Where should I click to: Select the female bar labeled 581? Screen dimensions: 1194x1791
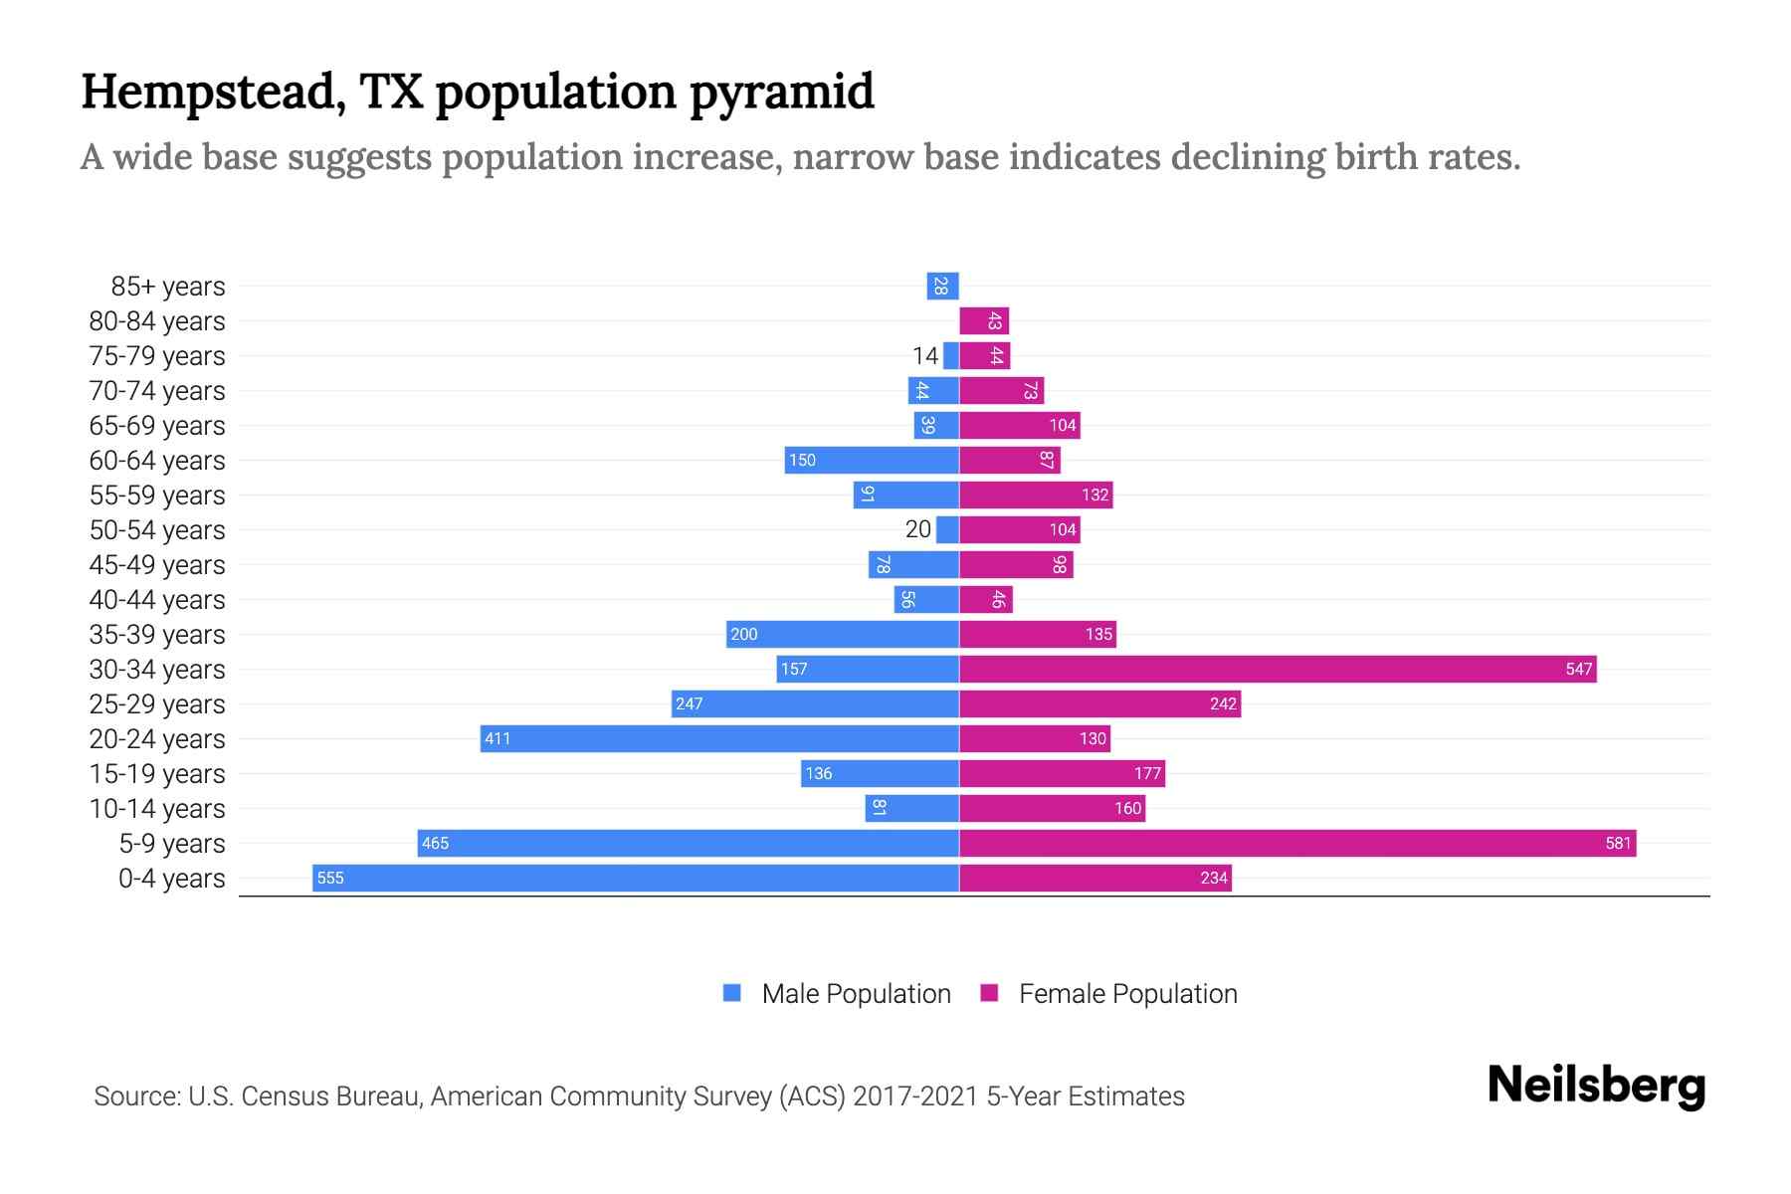(x=1297, y=843)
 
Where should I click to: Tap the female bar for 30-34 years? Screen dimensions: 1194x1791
(x=1278, y=669)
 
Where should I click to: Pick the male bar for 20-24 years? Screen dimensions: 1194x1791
(x=719, y=738)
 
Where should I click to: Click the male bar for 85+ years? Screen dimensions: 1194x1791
(x=942, y=287)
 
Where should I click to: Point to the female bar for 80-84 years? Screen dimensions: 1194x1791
(x=984, y=321)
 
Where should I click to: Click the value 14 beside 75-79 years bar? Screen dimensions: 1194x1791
(x=925, y=356)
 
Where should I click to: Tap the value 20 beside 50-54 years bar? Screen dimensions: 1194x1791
(x=917, y=529)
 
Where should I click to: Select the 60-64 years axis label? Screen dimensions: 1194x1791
(x=157, y=461)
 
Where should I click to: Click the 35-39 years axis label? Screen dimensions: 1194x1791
(x=157, y=635)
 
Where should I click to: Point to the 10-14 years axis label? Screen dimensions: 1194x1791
(x=157, y=809)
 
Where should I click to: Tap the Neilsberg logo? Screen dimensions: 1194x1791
(x=1596, y=1086)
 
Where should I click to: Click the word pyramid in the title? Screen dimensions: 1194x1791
(x=781, y=93)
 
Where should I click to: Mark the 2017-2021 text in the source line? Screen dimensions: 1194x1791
(x=914, y=1096)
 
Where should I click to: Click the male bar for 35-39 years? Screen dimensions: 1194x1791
(x=842, y=634)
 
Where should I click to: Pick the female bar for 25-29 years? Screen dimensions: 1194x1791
(x=1099, y=703)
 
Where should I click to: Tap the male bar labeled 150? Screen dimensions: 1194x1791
(x=872, y=460)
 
